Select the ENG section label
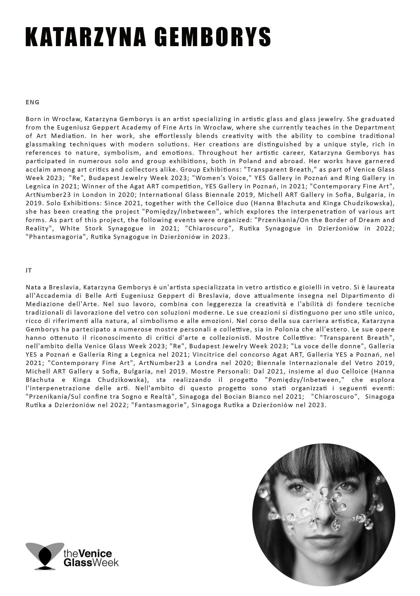pos(32,102)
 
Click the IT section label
pos(29,271)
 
